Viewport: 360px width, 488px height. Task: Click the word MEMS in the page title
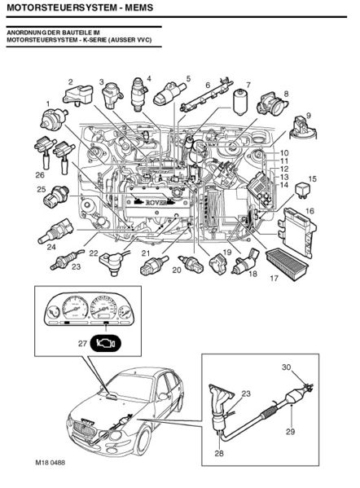click(138, 7)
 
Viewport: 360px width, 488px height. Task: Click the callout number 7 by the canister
click(248, 85)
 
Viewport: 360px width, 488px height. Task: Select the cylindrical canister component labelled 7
click(240, 102)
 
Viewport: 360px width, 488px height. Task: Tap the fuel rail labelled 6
click(205, 95)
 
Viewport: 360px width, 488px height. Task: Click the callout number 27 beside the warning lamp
click(82, 344)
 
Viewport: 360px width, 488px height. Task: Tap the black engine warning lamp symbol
click(105, 343)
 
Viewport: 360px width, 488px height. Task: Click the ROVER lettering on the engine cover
click(153, 202)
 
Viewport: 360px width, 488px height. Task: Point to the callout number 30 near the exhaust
click(286, 367)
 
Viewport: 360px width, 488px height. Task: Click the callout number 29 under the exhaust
click(290, 432)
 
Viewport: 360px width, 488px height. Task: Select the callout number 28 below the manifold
click(219, 454)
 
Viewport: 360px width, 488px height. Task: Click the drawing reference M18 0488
click(50, 463)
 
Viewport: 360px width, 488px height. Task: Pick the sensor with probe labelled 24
click(56, 232)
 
